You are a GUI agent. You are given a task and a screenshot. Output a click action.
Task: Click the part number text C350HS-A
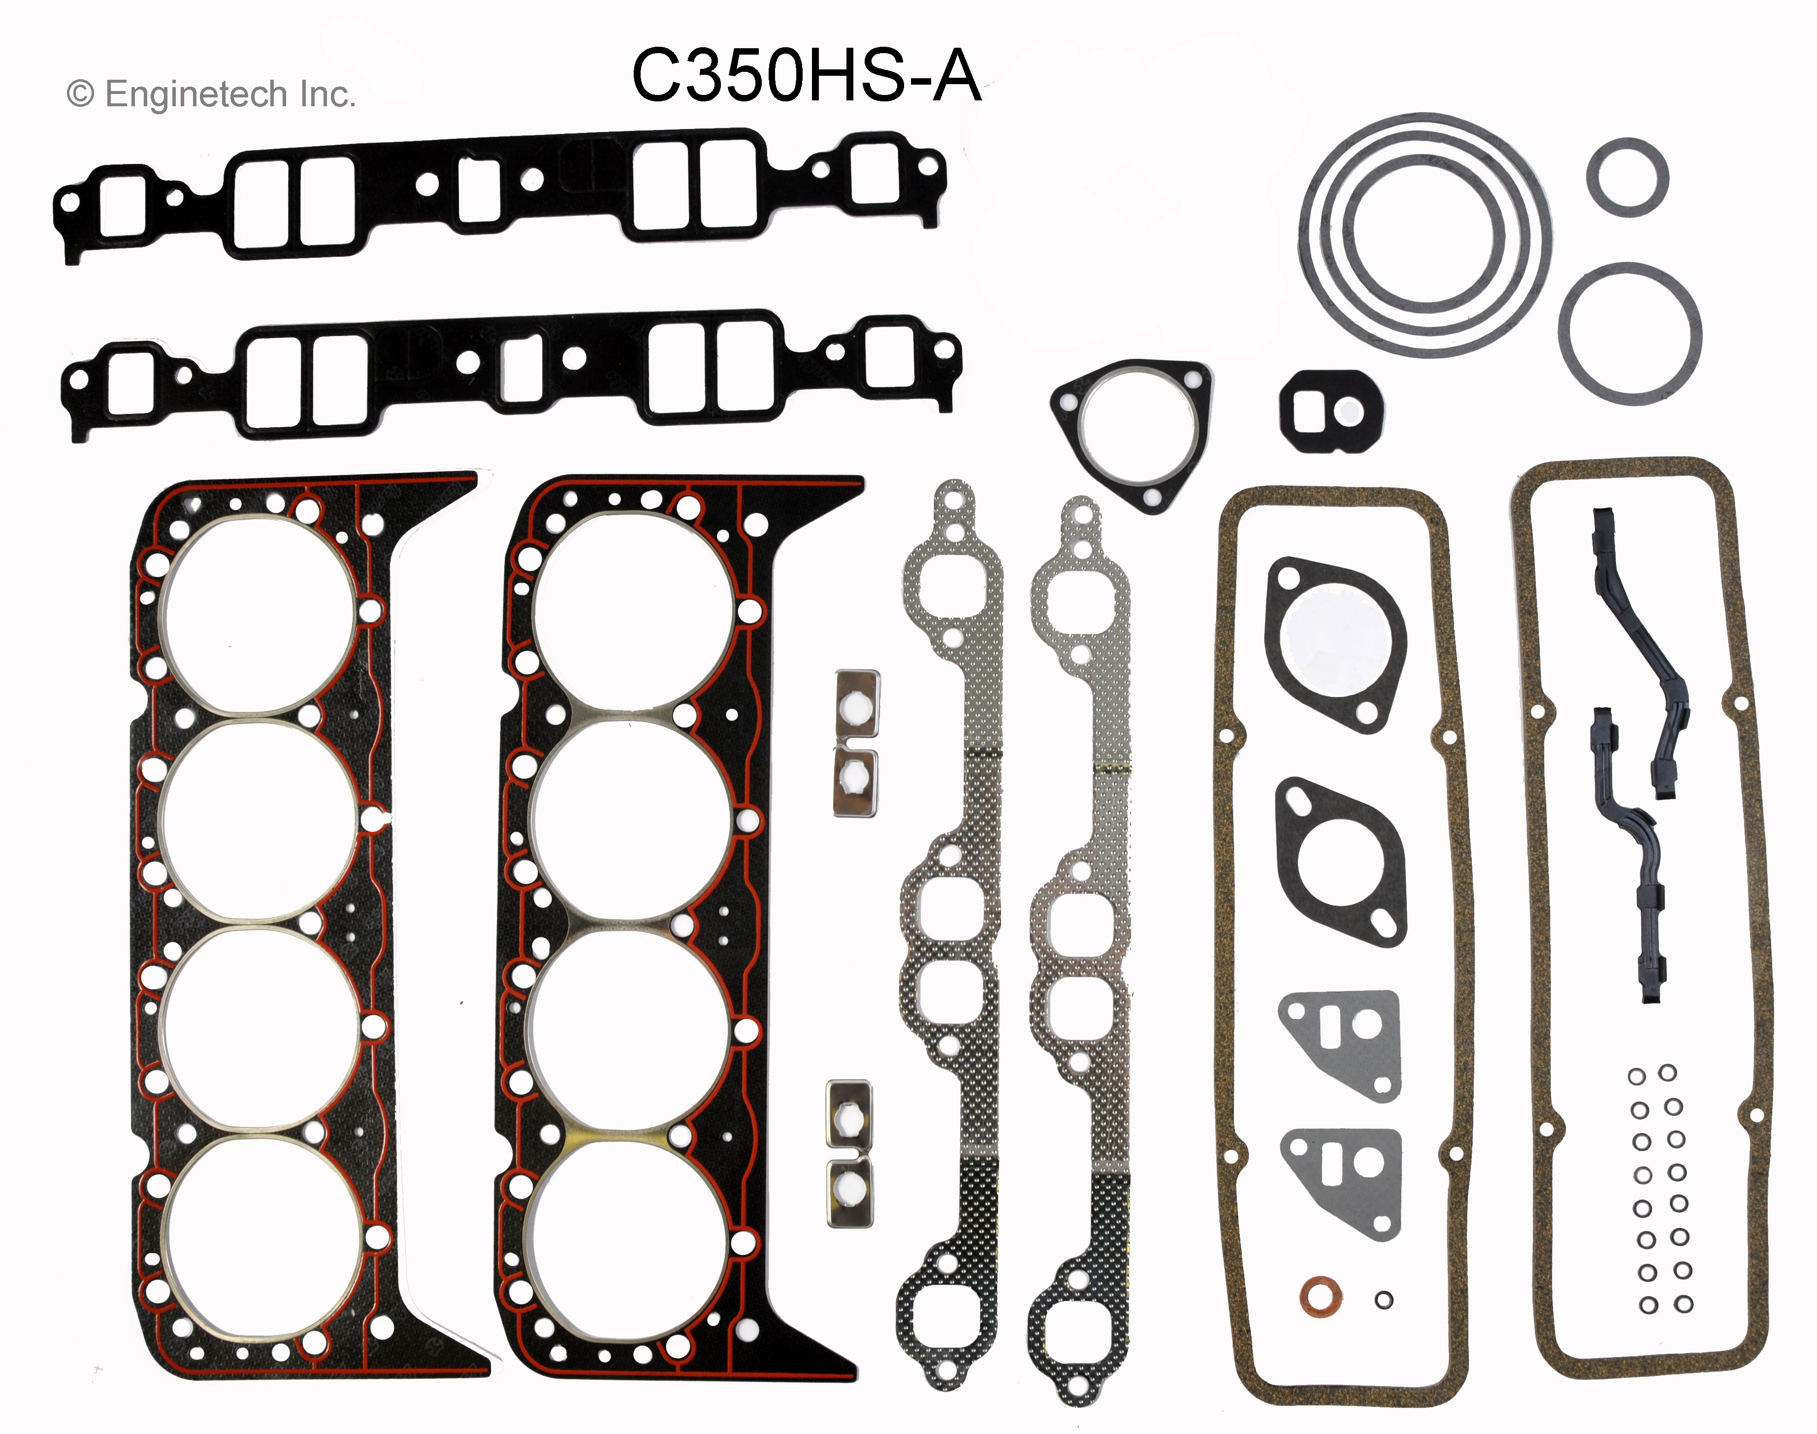click(x=807, y=76)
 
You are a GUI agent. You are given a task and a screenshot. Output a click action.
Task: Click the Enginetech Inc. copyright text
click(x=212, y=94)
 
